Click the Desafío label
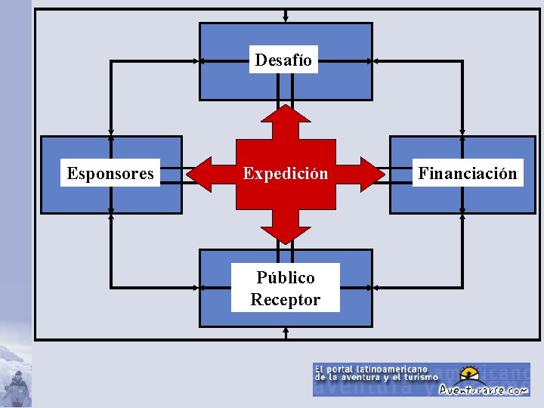coord(283,60)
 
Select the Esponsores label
coord(110,174)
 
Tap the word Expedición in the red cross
coord(286,174)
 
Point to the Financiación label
coord(468,174)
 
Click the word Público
coord(286,277)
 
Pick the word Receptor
coord(286,299)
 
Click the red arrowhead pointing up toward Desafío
coord(286,115)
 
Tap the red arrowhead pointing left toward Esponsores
coord(198,175)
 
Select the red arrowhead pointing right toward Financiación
coord(373,175)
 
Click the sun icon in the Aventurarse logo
coord(470,374)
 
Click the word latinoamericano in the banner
coord(397,368)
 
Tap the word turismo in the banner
coord(420,377)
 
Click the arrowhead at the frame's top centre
coord(286,20)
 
